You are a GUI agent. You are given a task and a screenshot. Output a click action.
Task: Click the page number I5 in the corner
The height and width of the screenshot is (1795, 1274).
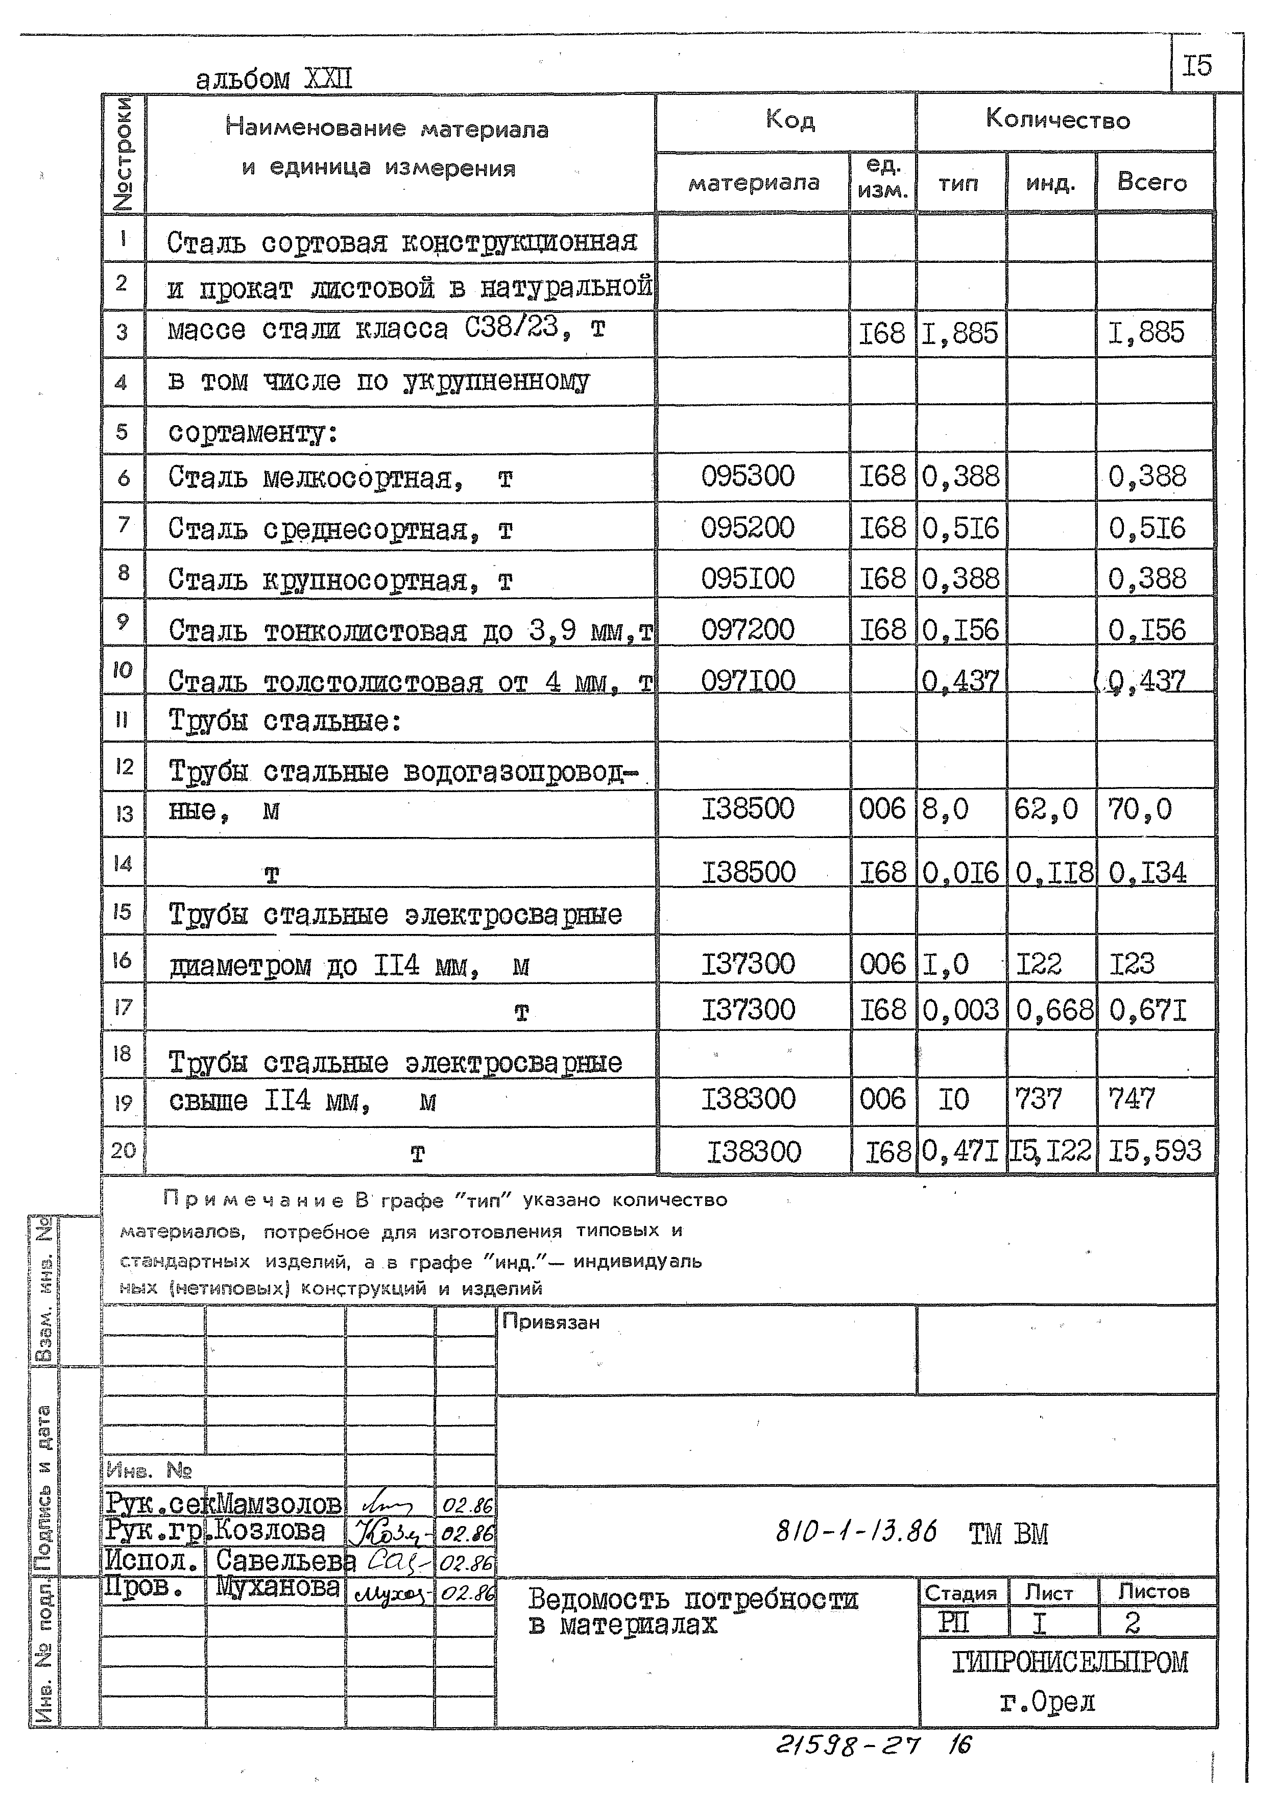pyautogui.click(x=1196, y=66)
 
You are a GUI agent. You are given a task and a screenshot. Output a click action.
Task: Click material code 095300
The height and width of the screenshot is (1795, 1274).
pyautogui.click(x=747, y=476)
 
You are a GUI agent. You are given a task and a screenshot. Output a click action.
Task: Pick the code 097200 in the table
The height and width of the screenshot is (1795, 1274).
pyautogui.click(x=747, y=630)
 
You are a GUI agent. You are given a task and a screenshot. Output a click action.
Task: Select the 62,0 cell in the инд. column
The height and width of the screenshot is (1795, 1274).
pyautogui.click(x=1045, y=808)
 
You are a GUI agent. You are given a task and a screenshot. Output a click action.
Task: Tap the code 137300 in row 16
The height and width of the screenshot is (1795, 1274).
pyautogui.click(x=747, y=964)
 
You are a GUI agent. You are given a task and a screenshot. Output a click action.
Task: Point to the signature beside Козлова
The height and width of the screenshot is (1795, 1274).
pyautogui.click(x=389, y=1532)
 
